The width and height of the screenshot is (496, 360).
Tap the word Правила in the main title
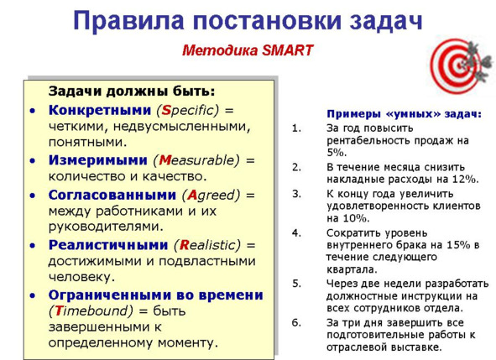click(128, 21)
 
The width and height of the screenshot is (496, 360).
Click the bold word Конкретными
click(100, 110)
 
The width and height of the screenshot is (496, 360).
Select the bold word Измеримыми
click(97, 160)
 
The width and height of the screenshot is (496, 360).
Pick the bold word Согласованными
click(112, 195)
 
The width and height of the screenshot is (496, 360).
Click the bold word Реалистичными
click(108, 245)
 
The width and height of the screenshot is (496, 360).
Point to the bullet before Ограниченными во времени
click(33, 295)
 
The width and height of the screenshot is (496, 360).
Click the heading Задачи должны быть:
click(132, 91)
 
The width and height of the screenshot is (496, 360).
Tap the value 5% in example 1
click(337, 153)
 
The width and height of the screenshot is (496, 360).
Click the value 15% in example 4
click(458, 245)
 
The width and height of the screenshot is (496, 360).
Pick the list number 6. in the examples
click(296, 322)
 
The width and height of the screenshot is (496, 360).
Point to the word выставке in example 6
click(416, 347)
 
